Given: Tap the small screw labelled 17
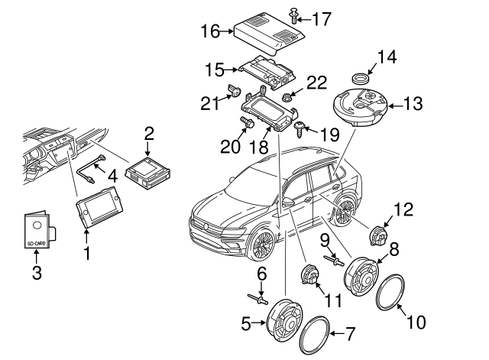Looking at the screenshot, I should (x=293, y=13).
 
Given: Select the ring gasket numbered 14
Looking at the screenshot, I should (x=360, y=78).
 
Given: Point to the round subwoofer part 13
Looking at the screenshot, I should (x=361, y=106).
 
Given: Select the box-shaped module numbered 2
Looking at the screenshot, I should (x=148, y=172).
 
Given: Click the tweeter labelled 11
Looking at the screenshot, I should (x=311, y=274).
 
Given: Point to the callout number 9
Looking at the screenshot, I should (x=324, y=241).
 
